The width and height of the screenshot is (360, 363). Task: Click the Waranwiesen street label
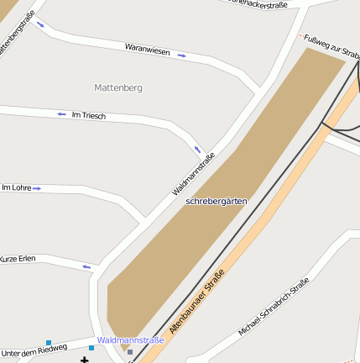[x=147, y=51]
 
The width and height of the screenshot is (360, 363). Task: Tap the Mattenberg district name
[x=118, y=87]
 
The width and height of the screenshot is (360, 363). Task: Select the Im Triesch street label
[x=89, y=115]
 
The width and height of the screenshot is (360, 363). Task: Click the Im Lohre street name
[x=17, y=187]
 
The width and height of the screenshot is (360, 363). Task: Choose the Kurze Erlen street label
[x=18, y=258]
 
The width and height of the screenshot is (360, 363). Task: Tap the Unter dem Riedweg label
[x=34, y=350]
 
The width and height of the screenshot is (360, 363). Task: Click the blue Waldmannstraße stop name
[x=130, y=339]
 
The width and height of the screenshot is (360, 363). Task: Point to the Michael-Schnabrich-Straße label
[x=274, y=307]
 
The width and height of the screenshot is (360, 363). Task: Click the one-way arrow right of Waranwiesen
[x=181, y=55]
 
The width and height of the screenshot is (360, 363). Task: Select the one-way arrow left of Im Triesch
[x=61, y=113]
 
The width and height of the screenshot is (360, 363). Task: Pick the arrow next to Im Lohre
[x=37, y=188]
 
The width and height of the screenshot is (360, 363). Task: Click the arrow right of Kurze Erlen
[x=86, y=266]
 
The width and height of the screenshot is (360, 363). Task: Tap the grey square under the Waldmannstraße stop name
[x=129, y=352]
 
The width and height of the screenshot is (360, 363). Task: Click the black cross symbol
[x=84, y=360]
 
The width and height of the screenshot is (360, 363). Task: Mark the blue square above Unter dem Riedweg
[x=49, y=342]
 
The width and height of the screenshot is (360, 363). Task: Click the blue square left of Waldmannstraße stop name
[x=91, y=347]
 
